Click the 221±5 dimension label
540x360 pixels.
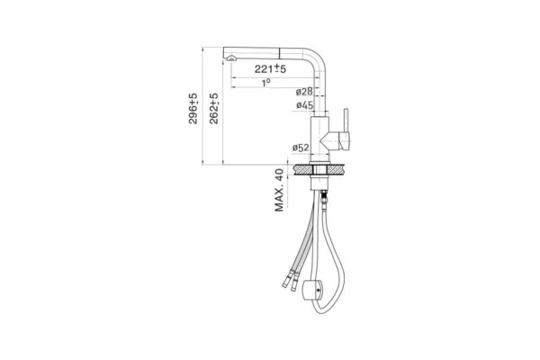click(x=270, y=68)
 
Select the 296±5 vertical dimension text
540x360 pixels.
click(x=193, y=108)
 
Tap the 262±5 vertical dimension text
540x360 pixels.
click(x=214, y=108)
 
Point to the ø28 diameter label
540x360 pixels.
click(x=304, y=92)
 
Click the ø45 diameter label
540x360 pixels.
click(x=305, y=105)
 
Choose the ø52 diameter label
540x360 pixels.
click(x=301, y=148)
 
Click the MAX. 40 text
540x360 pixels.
click(x=279, y=190)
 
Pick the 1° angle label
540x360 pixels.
click(x=265, y=83)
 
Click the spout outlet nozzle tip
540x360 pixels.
click(x=231, y=58)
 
